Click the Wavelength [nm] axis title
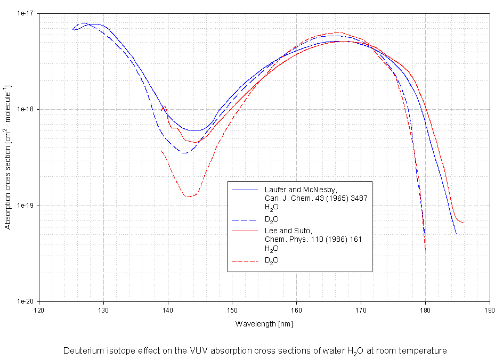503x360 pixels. (x=264, y=323)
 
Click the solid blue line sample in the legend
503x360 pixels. (x=246, y=190)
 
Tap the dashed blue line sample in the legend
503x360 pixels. (x=246, y=219)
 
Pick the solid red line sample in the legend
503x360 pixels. (x=246, y=231)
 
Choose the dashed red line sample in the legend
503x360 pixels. (x=246, y=260)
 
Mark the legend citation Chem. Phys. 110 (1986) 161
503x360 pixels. (x=313, y=239)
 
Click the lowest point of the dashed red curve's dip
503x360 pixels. (x=188, y=197)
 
